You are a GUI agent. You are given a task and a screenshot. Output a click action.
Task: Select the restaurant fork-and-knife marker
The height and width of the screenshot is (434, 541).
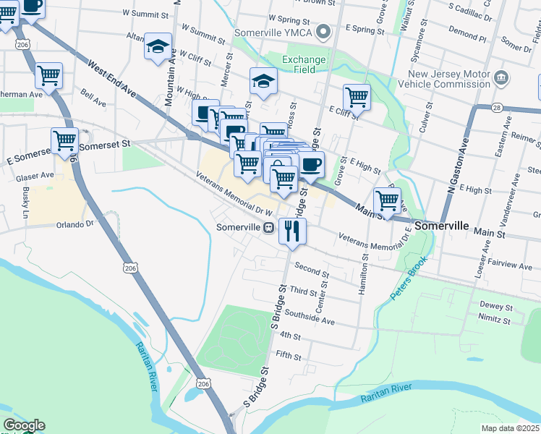[x=292, y=231]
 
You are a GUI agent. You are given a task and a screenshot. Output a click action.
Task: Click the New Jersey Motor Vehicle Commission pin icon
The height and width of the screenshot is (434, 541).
[x=500, y=77]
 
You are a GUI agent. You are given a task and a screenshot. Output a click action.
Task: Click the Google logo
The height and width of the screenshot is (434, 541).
[x=23, y=425]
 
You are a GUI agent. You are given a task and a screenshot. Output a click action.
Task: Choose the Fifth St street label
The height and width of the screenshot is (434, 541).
[x=288, y=356]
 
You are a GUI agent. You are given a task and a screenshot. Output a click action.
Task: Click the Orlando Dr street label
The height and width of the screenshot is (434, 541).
[x=75, y=224]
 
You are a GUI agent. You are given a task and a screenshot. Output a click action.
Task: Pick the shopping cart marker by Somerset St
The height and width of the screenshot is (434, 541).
[x=64, y=140]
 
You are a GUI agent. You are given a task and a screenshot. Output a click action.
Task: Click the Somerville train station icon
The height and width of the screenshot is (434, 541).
[x=268, y=227]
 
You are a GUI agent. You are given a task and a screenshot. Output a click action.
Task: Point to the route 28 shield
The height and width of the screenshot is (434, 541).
[x=477, y=108]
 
